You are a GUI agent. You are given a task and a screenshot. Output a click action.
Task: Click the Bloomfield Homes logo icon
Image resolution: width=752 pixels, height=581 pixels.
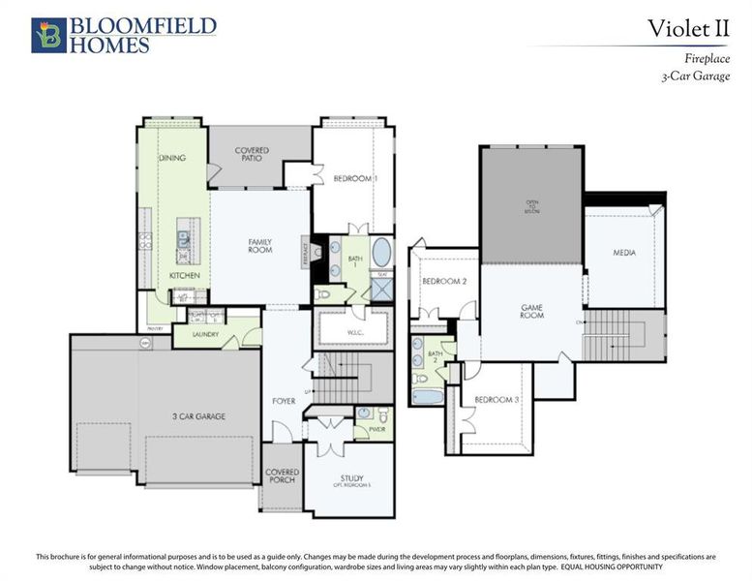(48, 35)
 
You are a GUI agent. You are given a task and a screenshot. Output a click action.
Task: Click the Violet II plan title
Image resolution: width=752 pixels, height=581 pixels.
(688, 29)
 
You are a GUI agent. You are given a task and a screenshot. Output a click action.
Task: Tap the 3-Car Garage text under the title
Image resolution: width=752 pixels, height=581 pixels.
(695, 76)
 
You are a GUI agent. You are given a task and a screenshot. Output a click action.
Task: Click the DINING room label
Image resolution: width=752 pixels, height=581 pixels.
(172, 158)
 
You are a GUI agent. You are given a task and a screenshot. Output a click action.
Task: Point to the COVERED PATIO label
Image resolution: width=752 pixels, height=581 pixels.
(252, 155)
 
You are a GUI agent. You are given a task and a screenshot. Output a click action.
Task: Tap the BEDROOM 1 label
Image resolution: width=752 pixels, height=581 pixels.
(355, 179)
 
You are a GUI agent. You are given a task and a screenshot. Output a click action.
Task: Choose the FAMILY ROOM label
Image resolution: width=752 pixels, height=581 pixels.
(259, 246)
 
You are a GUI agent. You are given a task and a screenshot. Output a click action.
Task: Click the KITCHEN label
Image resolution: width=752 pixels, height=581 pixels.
(184, 276)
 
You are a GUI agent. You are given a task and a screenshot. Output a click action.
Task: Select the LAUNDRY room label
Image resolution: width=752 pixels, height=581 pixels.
(206, 335)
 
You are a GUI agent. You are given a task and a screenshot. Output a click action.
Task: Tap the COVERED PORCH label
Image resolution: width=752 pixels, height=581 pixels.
(282, 475)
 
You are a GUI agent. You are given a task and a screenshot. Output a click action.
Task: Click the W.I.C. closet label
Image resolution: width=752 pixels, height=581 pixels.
(351, 332)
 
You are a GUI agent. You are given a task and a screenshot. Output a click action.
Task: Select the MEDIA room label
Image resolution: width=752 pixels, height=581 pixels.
(624, 253)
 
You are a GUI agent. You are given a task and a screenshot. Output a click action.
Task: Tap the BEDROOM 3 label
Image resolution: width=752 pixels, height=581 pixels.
(496, 400)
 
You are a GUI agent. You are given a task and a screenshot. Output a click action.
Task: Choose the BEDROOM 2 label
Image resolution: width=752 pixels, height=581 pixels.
(444, 282)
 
